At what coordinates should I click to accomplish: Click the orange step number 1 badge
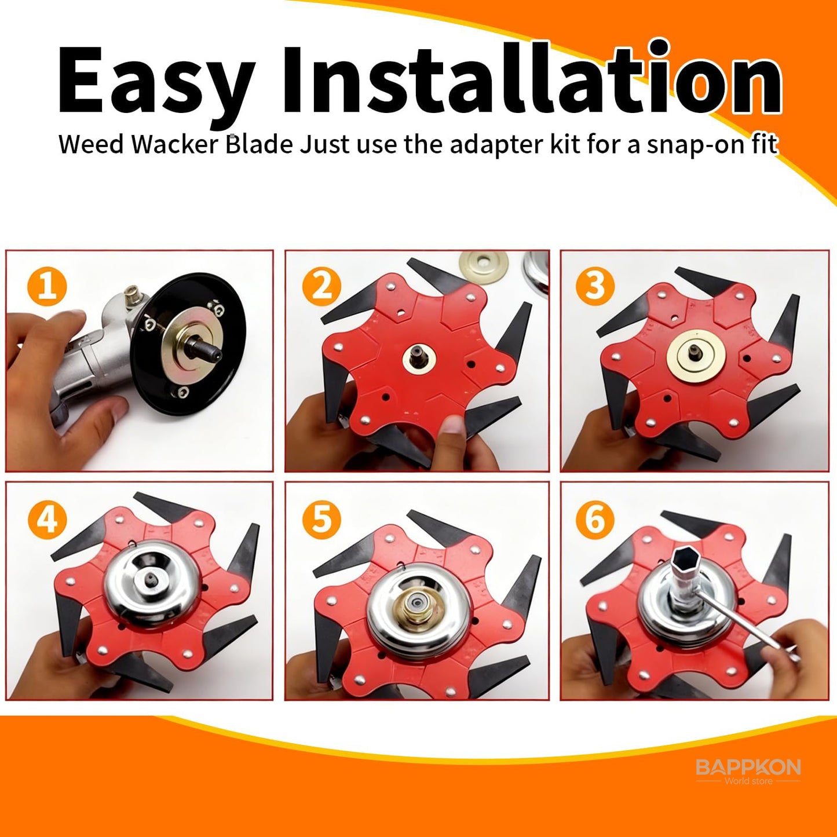click(x=47, y=287)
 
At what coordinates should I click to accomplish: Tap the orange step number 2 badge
click(x=322, y=287)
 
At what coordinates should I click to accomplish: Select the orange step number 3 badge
click(x=595, y=286)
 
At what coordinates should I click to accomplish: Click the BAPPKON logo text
click(x=748, y=767)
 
